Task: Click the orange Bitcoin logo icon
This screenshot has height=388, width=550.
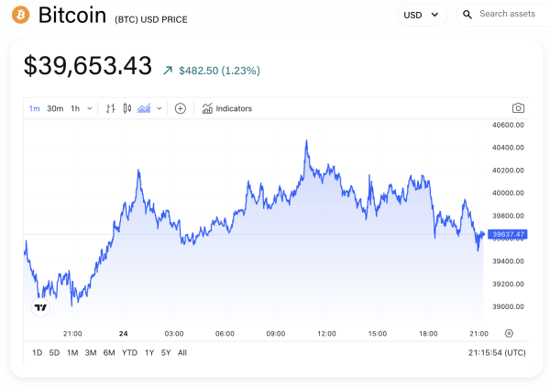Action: [x=20, y=15]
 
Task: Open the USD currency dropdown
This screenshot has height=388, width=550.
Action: [x=421, y=15]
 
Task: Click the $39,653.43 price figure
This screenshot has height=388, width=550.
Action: [x=87, y=66]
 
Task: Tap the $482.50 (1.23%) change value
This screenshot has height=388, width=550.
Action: [x=219, y=70]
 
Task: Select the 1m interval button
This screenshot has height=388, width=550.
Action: [x=34, y=108]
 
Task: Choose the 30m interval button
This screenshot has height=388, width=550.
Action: [x=55, y=108]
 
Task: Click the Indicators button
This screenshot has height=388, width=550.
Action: [x=226, y=108]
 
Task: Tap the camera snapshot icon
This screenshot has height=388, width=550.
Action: [x=518, y=108]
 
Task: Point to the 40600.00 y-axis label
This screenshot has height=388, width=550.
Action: [x=508, y=125]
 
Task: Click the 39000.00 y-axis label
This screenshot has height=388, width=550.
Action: [x=508, y=307]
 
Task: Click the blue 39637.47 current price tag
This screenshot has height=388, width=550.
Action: [x=508, y=235]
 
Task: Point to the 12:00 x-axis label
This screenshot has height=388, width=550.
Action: [x=326, y=334]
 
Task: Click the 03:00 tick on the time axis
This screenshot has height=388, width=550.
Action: [x=173, y=334]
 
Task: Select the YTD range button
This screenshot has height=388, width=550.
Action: [x=129, y=353]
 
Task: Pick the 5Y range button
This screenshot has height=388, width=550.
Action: [x=165, y=353]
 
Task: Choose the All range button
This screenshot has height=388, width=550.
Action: [x=182, y=353]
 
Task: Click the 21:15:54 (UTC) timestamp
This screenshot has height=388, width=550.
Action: [x=496, y=353]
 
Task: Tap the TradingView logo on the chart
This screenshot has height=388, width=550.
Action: [x=40, y=308]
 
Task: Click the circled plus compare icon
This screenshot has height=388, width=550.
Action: [x=181, y=108]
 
